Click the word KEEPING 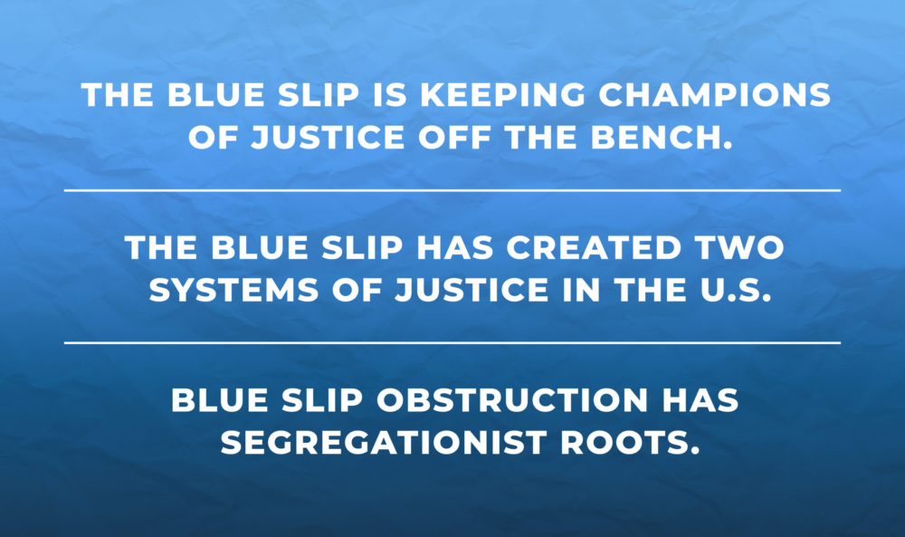coord(502,95)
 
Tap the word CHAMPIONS coord(715,95)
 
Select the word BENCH coord(662,138)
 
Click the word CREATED coord(595,248)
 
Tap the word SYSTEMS coord(233,290)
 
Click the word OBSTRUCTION coord(513,400)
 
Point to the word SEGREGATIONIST coord(383,443)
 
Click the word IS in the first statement coord(389,95)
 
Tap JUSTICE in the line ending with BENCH coord(328,138)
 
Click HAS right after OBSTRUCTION coord(700,400)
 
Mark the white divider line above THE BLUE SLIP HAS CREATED coord(452,190)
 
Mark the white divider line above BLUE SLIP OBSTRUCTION coord(452,343)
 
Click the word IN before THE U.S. coord(582,290)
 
